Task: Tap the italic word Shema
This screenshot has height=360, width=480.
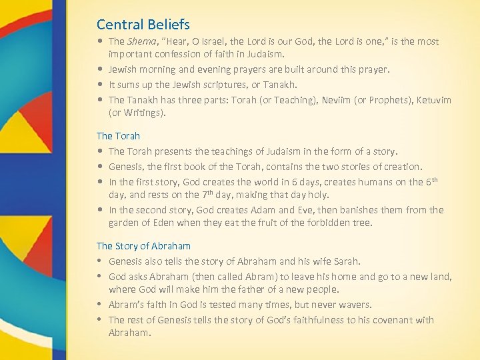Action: point(141,41)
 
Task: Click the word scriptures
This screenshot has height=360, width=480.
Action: point(222,85)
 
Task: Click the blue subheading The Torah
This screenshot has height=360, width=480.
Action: point(118,136)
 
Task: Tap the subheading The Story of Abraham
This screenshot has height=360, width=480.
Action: point(143,246)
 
